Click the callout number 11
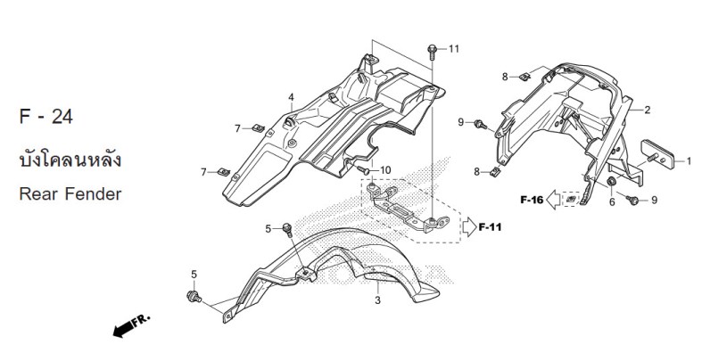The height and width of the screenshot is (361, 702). coord(454,49)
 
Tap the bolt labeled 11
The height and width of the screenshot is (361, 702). coord(432,52)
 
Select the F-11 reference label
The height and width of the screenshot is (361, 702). coord(490,227)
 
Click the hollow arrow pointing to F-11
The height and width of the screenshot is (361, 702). coord(469,227)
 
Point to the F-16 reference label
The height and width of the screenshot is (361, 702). coord(532,200)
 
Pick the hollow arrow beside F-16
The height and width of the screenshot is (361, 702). coord(554,200)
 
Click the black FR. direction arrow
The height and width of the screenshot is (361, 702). coord(131,326)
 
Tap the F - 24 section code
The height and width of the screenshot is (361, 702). coord(46,117)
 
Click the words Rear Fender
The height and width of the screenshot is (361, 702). coord(70,194)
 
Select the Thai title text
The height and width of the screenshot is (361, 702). coord(70,160)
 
